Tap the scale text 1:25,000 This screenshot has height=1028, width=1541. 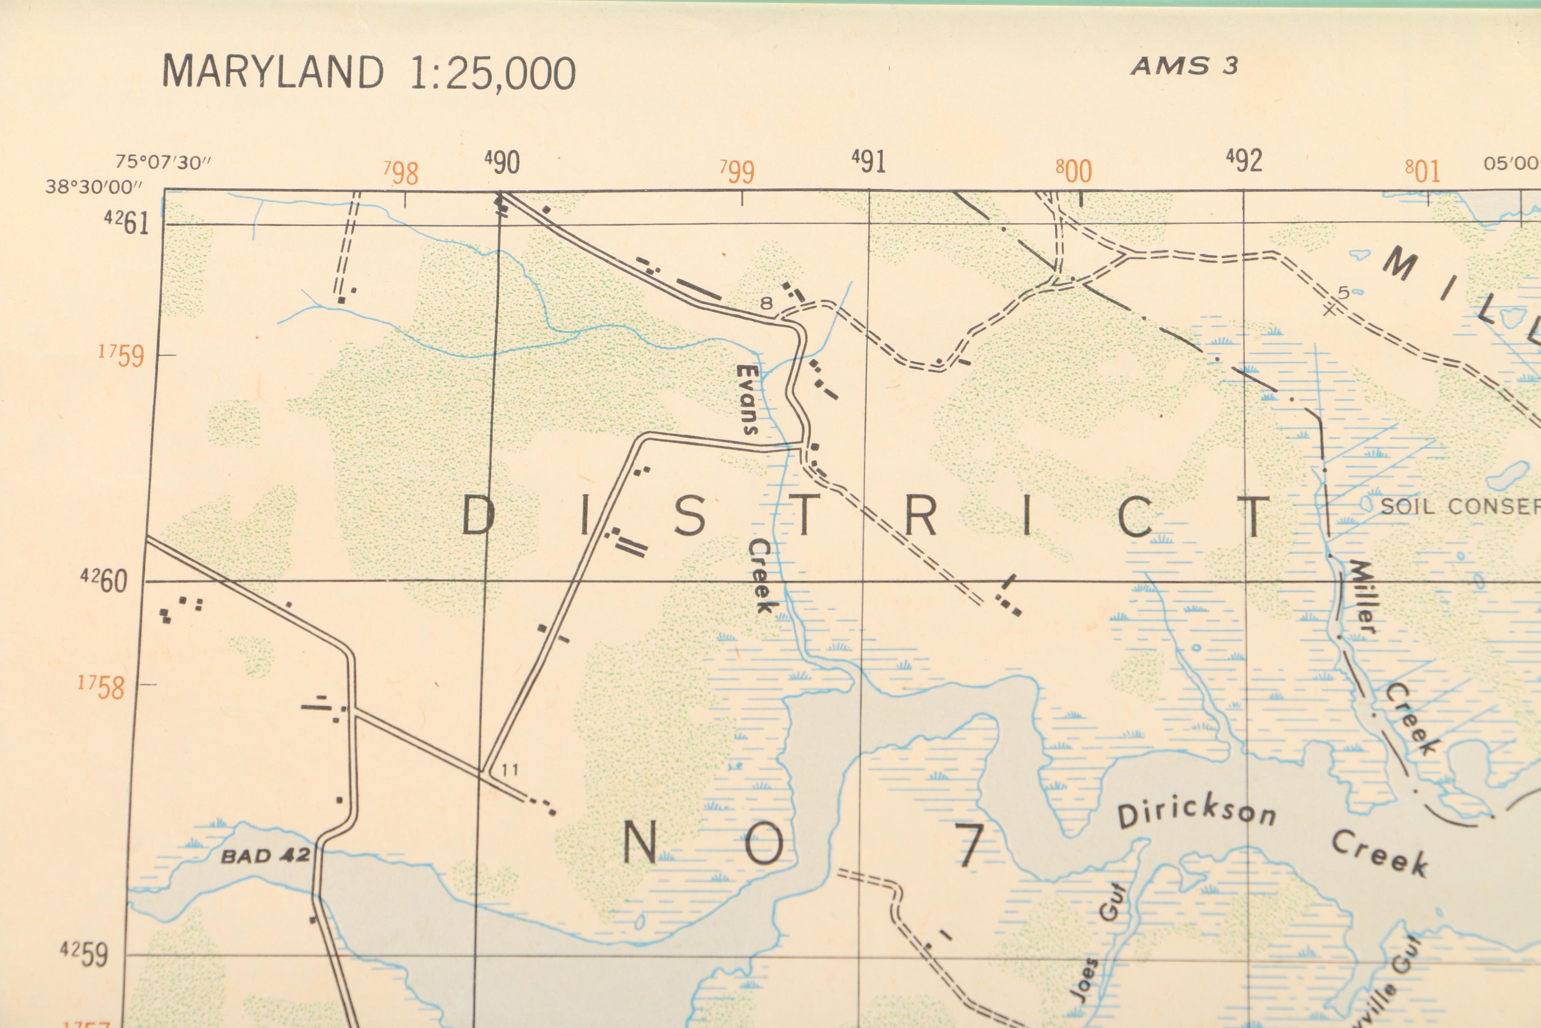(492, 74)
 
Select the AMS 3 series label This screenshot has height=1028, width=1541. (1184, 66)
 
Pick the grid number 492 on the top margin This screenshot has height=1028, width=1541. (1244, 160)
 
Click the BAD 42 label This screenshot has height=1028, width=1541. (265, 856)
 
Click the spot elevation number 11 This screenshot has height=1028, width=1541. (510, 770)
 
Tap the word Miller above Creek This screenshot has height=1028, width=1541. (1359, 596)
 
